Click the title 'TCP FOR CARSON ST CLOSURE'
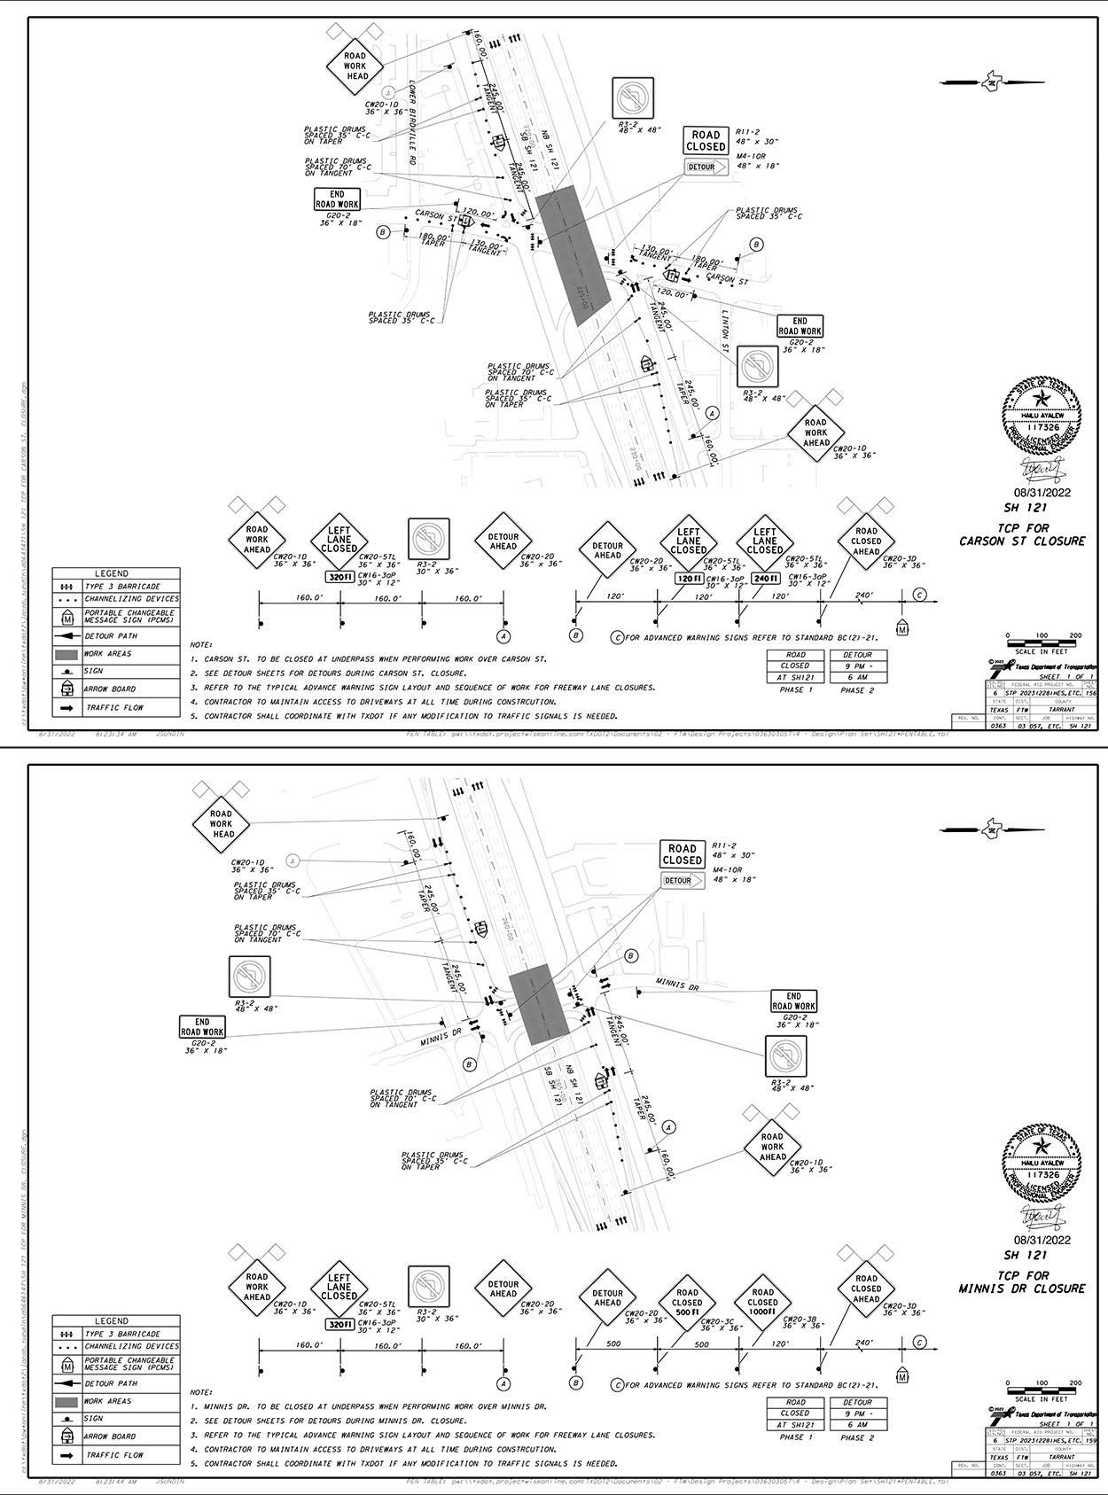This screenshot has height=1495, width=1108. click(x=1021, y=534)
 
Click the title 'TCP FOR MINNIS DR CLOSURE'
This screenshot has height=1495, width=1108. click(x=1021, y=1281)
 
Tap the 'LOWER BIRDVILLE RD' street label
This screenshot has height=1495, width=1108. click(x=413, y=123)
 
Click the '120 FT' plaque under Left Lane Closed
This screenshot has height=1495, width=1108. click(x=689, y=579)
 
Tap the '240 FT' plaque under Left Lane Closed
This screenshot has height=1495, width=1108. click(x=765, y=579)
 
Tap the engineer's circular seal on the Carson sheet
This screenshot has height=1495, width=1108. click(x=1042, y=416)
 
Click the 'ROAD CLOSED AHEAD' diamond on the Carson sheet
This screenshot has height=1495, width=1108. click(x=865, y=541)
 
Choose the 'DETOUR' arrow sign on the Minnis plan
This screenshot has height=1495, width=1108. click(x=683, y=881)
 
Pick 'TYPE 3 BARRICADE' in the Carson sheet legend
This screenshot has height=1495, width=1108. click(x=122, y=587)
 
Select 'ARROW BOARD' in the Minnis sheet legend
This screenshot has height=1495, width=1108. click(x=111, y=1437)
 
